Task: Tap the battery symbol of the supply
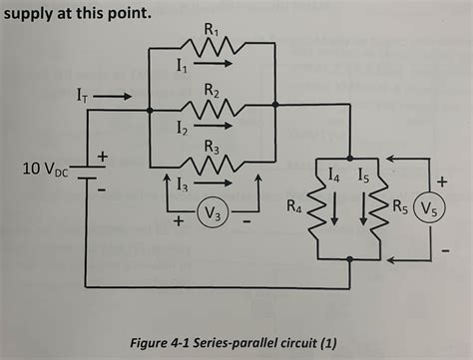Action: point(88,174)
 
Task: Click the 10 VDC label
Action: point(46,170)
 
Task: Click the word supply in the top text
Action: point(34,15)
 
